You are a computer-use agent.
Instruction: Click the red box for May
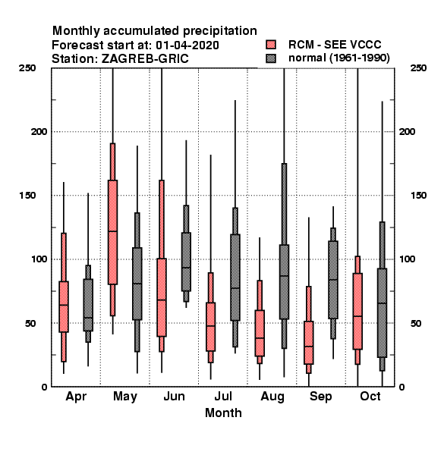(112, 232)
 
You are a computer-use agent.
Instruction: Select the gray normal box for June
(186, 262)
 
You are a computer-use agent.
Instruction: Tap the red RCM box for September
(309, 343)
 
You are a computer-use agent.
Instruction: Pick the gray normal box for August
(285, 282)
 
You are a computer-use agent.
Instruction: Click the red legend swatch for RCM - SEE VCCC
(271, 45)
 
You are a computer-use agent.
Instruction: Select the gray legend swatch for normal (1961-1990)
(271, 58)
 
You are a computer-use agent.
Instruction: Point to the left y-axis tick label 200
(39, 131)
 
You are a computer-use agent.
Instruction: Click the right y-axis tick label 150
(418, 196)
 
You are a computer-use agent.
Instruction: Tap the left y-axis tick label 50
(30, 323)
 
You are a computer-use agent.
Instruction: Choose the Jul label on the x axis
(223, 397)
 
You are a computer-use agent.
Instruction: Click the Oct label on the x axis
(370, 397)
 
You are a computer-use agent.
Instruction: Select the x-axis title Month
(223, 413)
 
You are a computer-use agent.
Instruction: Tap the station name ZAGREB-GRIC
(145, 58)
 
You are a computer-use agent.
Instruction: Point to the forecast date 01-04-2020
(187, 45)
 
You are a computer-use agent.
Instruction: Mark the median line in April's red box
(64, 305)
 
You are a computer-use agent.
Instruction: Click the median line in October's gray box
(383, 303)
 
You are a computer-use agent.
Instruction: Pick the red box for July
(211, 327)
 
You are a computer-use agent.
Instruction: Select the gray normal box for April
(88, 305)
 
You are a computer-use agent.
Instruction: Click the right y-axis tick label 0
(401, 387)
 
